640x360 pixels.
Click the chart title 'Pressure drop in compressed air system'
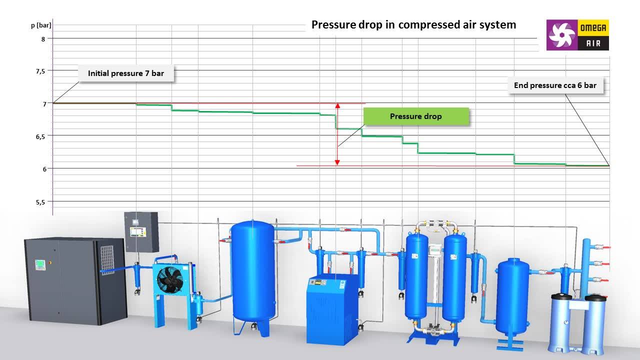pos(413,25)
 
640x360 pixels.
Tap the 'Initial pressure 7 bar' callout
pos(126,73)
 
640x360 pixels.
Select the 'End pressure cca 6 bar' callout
pos(555,85)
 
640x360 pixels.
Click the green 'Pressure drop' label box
pos(416,116)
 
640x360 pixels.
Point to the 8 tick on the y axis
pos(43,39)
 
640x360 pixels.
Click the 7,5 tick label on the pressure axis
pos(40,71)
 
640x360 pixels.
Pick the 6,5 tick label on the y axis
pos(40,137)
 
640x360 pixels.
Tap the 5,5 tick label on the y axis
pos(40,202)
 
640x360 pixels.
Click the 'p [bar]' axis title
pos(41,25)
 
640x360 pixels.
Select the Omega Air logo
pos(577,35)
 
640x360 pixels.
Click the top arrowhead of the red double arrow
pos(337,105)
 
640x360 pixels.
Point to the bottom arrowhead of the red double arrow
pos(337,162)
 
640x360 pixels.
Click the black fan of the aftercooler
pos(169,280)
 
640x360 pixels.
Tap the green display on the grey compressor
pos(40,264)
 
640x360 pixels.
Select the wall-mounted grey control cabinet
pos(141,232)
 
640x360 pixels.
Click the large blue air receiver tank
pos(253,271)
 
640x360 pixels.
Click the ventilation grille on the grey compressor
pos(107,260)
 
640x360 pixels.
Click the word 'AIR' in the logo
pos(593,43)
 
